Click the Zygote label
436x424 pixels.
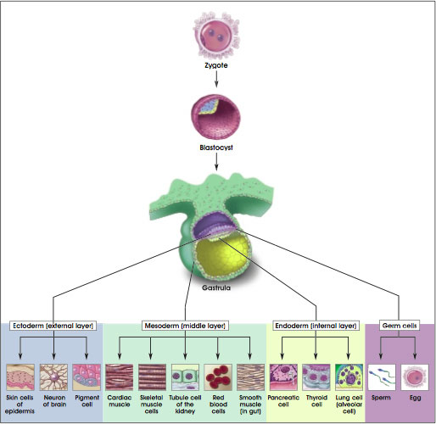point(216,65)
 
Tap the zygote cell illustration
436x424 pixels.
point(216,36)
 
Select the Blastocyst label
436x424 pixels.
point(216,148)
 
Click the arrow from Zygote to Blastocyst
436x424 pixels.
point(216,79)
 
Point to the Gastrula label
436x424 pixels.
point(216,287)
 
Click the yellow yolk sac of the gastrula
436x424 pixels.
point(223,257)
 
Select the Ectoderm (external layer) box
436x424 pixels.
point(53,326)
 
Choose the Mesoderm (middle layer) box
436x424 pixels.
point(185,326)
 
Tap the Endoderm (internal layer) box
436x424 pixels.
point(316,326)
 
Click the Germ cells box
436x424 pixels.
point(400,326)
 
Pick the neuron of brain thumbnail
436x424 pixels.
point(53,377)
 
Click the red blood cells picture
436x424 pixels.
point(218,377)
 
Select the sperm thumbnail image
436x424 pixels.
point(382,377)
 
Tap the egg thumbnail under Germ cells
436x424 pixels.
point(415,377)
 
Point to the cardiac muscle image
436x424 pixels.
point(120,377)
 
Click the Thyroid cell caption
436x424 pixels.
point(316,401)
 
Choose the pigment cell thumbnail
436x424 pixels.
point(87,377)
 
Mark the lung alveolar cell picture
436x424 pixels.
point(349,377)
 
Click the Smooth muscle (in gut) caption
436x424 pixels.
point(250,404)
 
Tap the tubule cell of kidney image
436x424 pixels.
point(185,377)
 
